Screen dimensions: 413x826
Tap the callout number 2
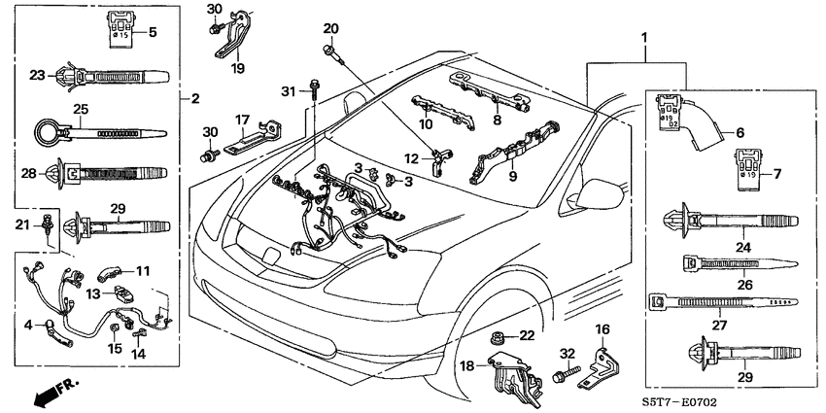(194, 98)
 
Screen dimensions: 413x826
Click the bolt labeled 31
(316, 90)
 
